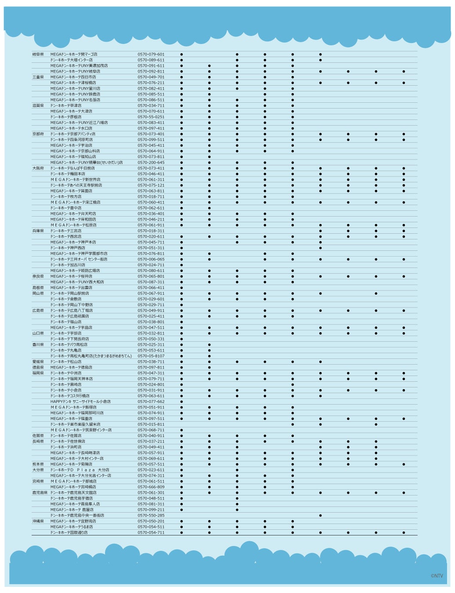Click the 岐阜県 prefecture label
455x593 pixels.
coord(38,54)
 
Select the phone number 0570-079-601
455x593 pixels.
coord(151,54)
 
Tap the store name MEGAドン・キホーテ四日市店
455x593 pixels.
coord(73,77)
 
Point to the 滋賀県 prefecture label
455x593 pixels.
coord(38,105)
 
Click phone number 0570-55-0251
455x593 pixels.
coord(151,117)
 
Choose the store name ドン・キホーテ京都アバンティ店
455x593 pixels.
coord(72,134)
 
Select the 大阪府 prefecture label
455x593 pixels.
coord(38,168)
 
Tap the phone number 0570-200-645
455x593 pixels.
coord(151,163)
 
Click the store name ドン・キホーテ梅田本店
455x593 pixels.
coord(68,174)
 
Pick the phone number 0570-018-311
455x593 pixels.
coord(151,231)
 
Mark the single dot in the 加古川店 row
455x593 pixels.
coord(181,265)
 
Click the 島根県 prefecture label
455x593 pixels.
coord(38,288)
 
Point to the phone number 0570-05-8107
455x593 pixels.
coord(151,356)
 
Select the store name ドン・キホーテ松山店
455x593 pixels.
coord(66,362)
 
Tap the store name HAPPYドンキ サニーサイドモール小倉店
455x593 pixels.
coord(80,401)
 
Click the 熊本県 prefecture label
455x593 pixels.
coord(38,464)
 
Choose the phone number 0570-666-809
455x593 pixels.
coord(151,487)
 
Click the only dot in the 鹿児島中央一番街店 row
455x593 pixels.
coord(320,515)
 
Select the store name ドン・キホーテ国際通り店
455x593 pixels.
coord(69,532)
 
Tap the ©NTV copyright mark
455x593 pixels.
coord(437,576)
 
